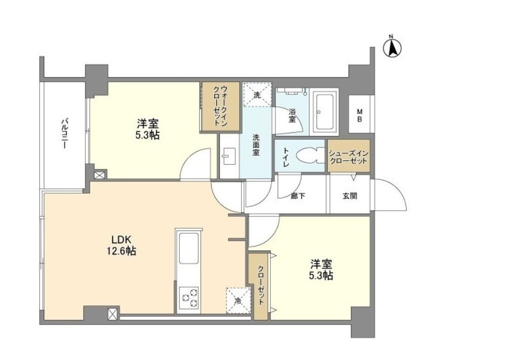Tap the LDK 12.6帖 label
122,245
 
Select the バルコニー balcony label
65,134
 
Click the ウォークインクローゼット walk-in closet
221,106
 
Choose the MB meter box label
360,116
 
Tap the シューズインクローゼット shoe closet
348,156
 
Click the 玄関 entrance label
350,196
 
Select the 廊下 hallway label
298,196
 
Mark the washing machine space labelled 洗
257,94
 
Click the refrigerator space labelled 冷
239,300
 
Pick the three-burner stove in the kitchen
189,297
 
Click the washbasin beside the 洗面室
229,156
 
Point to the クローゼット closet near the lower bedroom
260,286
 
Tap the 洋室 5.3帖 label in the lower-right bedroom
321,270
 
